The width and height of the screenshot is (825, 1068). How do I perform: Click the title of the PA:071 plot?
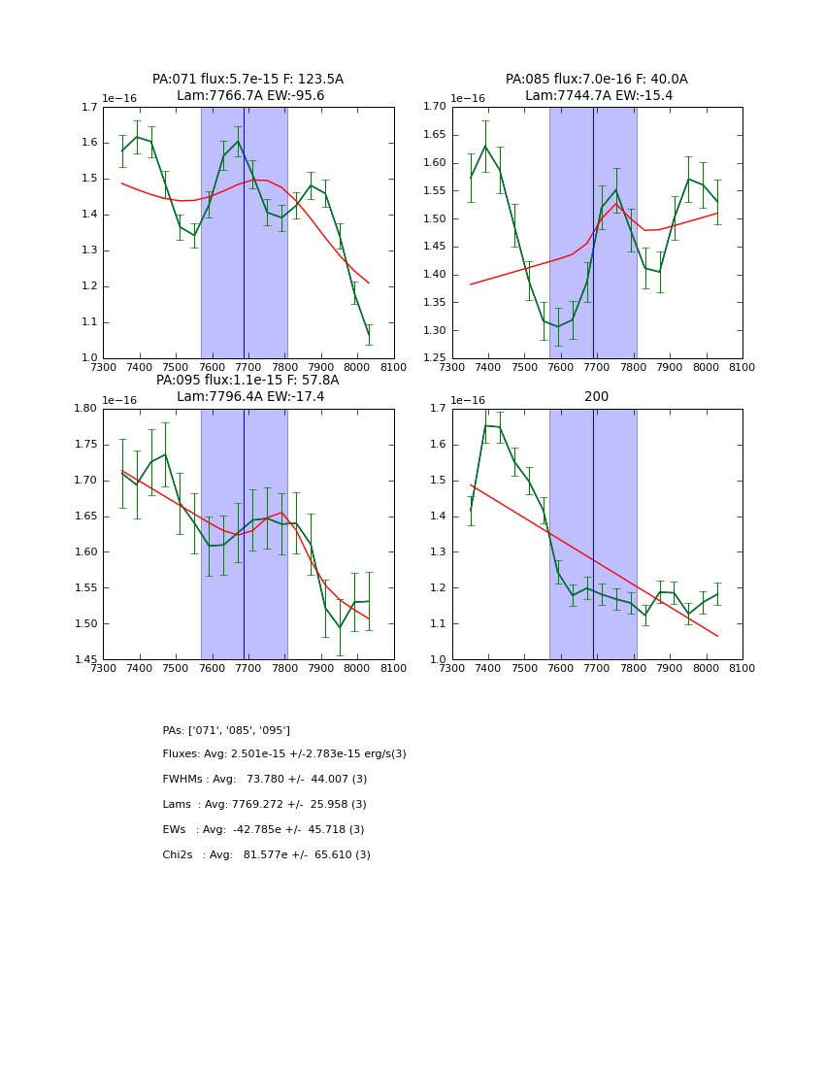(247, 87)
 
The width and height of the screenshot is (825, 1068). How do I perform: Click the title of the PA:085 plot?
(596, 87)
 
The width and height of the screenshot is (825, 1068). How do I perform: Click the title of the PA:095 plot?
(247, 388)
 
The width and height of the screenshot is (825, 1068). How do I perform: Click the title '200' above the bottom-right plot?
(596, 397)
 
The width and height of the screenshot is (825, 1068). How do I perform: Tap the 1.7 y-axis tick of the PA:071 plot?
(88, 107)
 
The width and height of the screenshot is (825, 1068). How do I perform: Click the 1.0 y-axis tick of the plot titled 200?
(438, 660)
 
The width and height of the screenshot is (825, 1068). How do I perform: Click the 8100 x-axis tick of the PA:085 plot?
(742, 369)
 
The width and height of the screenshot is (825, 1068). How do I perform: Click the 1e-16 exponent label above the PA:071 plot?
(119, 98)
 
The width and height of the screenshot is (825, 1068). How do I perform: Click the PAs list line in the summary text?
(226, 730)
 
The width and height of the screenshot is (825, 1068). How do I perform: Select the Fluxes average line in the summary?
(284, 754)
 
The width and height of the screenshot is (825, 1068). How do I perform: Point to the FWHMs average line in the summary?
(264, 780)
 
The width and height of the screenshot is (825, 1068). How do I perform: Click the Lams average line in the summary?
(264, 805)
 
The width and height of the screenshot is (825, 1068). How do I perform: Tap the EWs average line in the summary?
(263, 830)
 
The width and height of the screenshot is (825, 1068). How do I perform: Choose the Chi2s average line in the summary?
(266, 855)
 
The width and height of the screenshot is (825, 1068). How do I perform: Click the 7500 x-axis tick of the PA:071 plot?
(176, 369)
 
